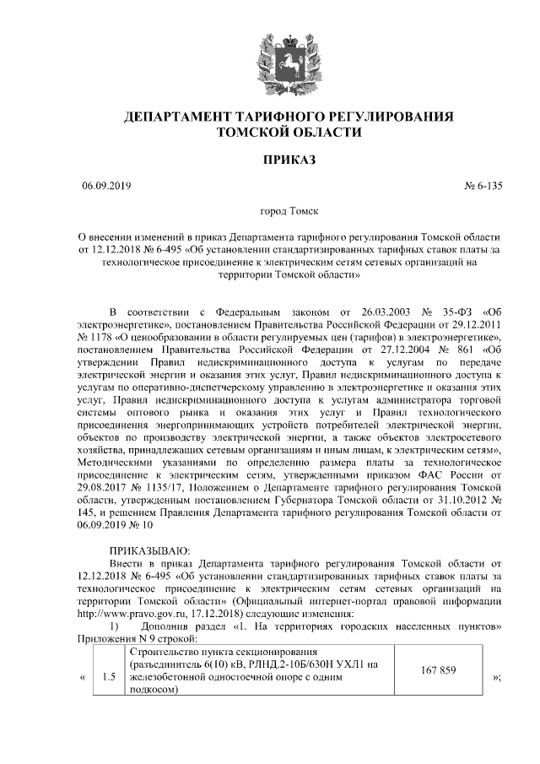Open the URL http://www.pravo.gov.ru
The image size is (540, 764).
coord(130,612)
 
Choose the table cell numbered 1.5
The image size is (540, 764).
coord(108,676)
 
